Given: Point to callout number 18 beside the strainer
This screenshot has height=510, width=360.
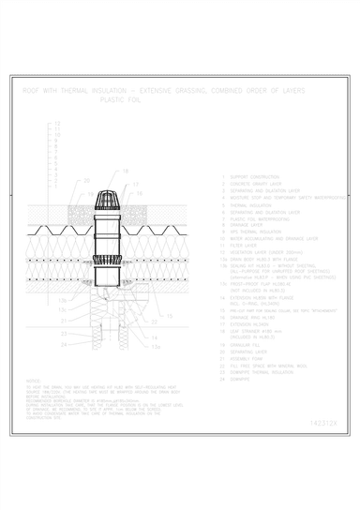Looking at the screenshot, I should tap(126, 172).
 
